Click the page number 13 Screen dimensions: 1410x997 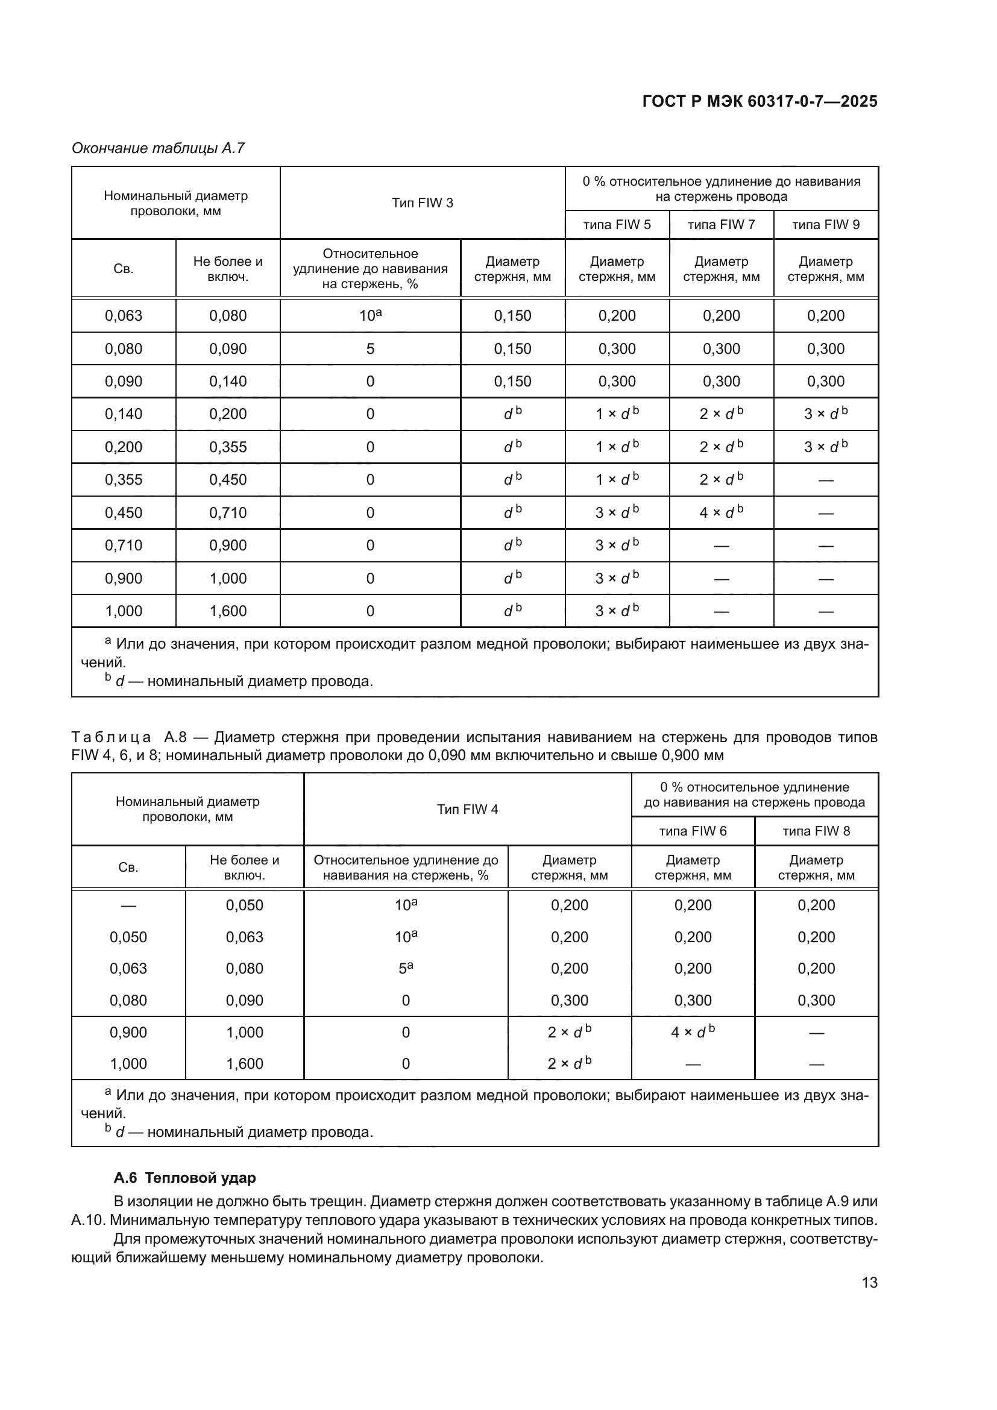pyautogui.click(x=869, y=1283)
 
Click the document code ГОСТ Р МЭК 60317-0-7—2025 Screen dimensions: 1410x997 pyautogui.click(x=760, y=102)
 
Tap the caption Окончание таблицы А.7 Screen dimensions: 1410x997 pyautogui.click(x=159, y=148)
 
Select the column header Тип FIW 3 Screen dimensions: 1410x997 pyautogui.click(x=423, y=203)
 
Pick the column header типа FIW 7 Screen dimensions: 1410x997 pyautogui.click(x=722, y=225)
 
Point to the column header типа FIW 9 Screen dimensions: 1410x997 pyautogui.click(x=826, y=225)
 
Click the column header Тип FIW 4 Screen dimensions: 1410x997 pyautogui.click(x=467, y=810)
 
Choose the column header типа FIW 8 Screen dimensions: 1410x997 pyautogui.click(x=816, y=831)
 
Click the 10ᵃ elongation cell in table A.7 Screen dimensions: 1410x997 pyautogui.click(x=370, y=316)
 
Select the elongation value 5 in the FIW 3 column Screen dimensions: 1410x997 pyautogui.click(x=370, y=349)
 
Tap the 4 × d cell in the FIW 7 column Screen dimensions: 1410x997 pyautogui.click(x=722, y=512)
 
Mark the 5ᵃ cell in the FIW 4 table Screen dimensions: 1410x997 pyautogui.click(x=406, y=969)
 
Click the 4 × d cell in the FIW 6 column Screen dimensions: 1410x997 pyautogui.click(x=693, y=1032)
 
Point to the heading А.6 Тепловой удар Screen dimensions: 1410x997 pyautogui.click(x=185, y=1178)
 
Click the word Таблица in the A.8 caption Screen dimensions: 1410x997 pyautogui.click(x=111, y=737)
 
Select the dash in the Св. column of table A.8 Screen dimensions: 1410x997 pyautogui.click(x=128, y=906)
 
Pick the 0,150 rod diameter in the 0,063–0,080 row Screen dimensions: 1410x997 pyautogui.click(x=512, y=316)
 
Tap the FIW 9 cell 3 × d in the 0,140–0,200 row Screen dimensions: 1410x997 pyautogui.click(x=826, y=414)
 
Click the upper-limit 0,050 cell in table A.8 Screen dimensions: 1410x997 pyautogui.click(x=244, y=905)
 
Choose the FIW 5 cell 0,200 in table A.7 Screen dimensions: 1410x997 pyautogui.click(x=617, y=316)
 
